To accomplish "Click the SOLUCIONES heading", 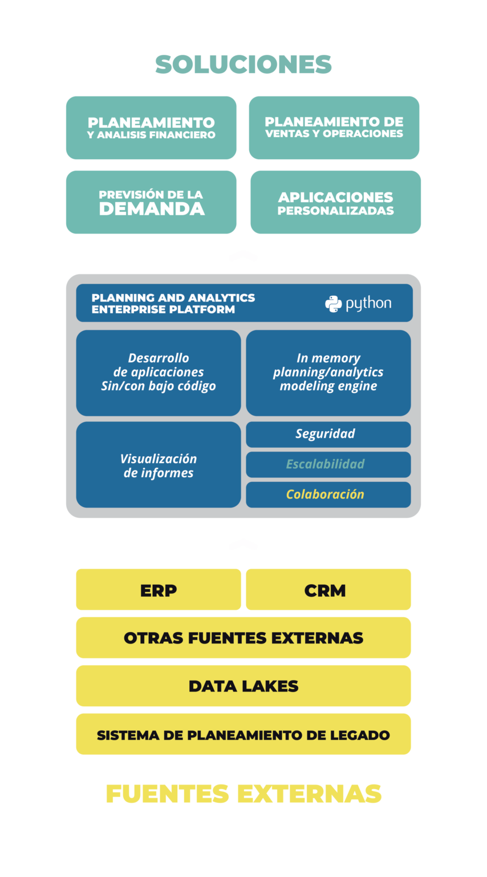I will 243,65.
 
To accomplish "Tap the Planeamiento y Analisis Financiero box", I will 151,128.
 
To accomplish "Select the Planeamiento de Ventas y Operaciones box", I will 334,127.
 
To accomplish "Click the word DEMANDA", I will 152,209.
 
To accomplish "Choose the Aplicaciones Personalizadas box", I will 335,203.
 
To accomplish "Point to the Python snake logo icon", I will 334,304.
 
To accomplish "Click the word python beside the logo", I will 368,304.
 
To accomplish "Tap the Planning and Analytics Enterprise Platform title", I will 173,303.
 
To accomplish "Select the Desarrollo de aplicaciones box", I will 159,372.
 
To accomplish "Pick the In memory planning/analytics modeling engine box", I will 328,372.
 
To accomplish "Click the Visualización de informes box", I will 159,465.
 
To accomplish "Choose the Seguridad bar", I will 328,434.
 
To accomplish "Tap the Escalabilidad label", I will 325,464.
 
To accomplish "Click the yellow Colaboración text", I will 325,494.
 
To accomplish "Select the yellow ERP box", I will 159,590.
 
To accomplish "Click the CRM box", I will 328,590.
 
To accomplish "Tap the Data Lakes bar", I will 243,686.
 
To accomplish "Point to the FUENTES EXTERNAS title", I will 243,794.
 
